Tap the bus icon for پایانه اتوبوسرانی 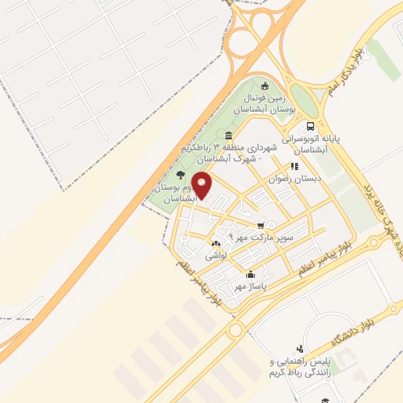[x=312, y=125]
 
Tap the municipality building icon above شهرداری [x=228, y=135]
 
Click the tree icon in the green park [x=182, y=175]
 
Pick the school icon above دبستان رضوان [x=294, y=166]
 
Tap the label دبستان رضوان [x=286, y=179]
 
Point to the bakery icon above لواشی [x=216, y=243]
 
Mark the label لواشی [x=216, y=256]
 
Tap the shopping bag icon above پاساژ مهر [x=250, y=275]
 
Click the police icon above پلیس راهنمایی [x=299, y=349]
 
